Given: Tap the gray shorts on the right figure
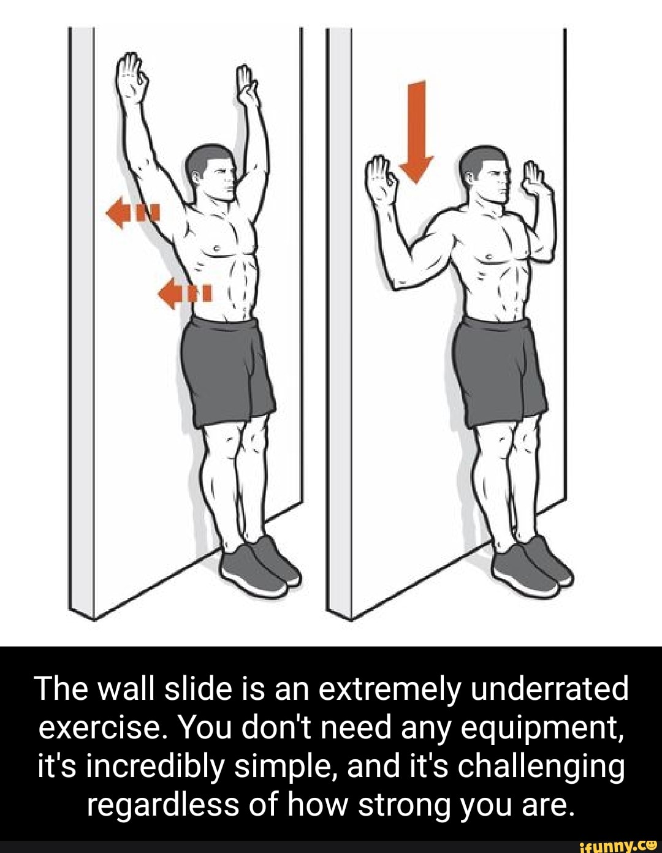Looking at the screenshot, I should click(x=500, y=370).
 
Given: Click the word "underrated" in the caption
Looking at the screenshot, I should click(x=549, y=689).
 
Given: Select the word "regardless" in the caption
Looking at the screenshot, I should click(x=162, y=806).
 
